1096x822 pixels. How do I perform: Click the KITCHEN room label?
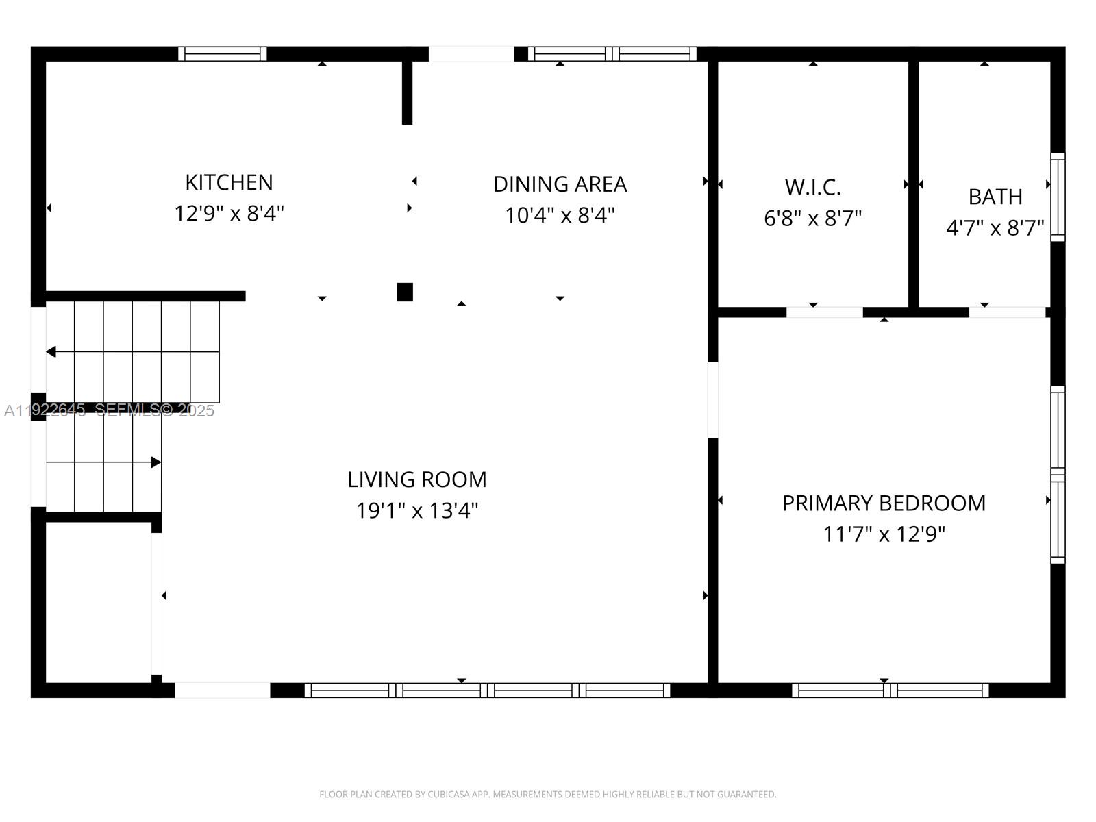(229, 182)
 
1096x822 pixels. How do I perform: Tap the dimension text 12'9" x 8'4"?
(229, 214)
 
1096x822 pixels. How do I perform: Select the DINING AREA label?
(560, 184)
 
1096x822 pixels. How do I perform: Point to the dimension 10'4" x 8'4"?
(560, 216)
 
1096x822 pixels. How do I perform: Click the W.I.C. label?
(812, 187)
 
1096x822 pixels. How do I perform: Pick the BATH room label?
(995, 197)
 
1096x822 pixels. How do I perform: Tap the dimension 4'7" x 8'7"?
(995, 228)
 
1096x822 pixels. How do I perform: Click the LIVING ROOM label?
(416, 480)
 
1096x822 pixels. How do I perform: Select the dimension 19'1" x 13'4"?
(416, 511)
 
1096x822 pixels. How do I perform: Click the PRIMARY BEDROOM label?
(884, 503)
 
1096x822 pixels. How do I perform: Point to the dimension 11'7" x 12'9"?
(884, 534)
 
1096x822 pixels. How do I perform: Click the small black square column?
(405, 292)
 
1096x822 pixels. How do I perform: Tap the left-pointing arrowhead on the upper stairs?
(51, 351)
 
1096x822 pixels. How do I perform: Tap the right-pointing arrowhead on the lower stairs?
(156, 462)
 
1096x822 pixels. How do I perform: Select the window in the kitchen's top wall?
(223, 54)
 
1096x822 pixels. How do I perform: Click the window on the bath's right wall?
(1058, 197)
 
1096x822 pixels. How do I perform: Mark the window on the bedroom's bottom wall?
(890, 690)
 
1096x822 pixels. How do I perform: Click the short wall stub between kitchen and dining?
(407, 92)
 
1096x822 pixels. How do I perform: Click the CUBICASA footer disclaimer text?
(547, 795)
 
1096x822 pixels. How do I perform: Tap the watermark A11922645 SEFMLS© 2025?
(110, 410)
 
